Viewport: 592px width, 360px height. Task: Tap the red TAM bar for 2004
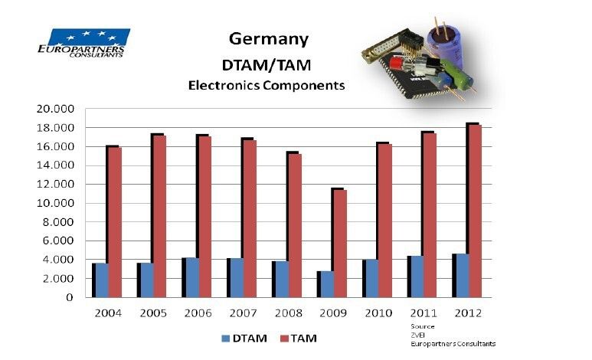[114, 221]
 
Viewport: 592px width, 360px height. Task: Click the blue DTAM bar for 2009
[328, 283]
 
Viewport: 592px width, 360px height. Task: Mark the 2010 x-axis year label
[378, 313]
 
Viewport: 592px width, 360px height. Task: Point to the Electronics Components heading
[267, 86]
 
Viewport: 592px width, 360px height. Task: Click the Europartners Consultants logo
[82, 43]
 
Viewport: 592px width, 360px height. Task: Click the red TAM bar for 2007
[250, 218]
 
